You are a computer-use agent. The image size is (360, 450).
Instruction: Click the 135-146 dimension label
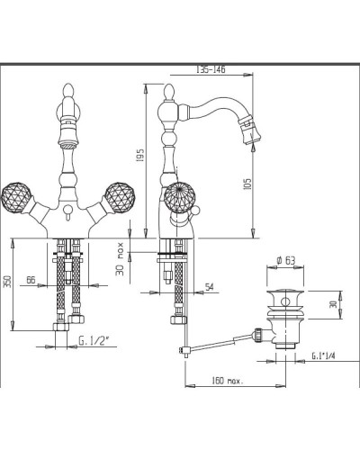pyautogui.click(x=211, y=69)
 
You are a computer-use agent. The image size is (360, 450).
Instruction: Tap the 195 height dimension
pyautogui.click(x=140, y=155)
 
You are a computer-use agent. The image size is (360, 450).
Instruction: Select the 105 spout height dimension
pyautogui.click(x=247, y=185)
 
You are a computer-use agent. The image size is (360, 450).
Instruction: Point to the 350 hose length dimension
pyautogui.click(x=8, y=282)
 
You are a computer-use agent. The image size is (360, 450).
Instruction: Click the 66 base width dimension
pyautogui.click(x=31, y=280)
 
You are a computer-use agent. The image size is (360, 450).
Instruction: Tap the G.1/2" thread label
pyautogui.click(x=94, y=341)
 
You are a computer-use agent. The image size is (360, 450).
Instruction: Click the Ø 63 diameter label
pyautogui.click(x=285, y=260)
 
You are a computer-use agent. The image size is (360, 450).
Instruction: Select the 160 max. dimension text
pyautogui.click(x=228, y=381)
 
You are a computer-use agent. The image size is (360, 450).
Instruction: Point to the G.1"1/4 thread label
pyautogui.click(x=323, y=355)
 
